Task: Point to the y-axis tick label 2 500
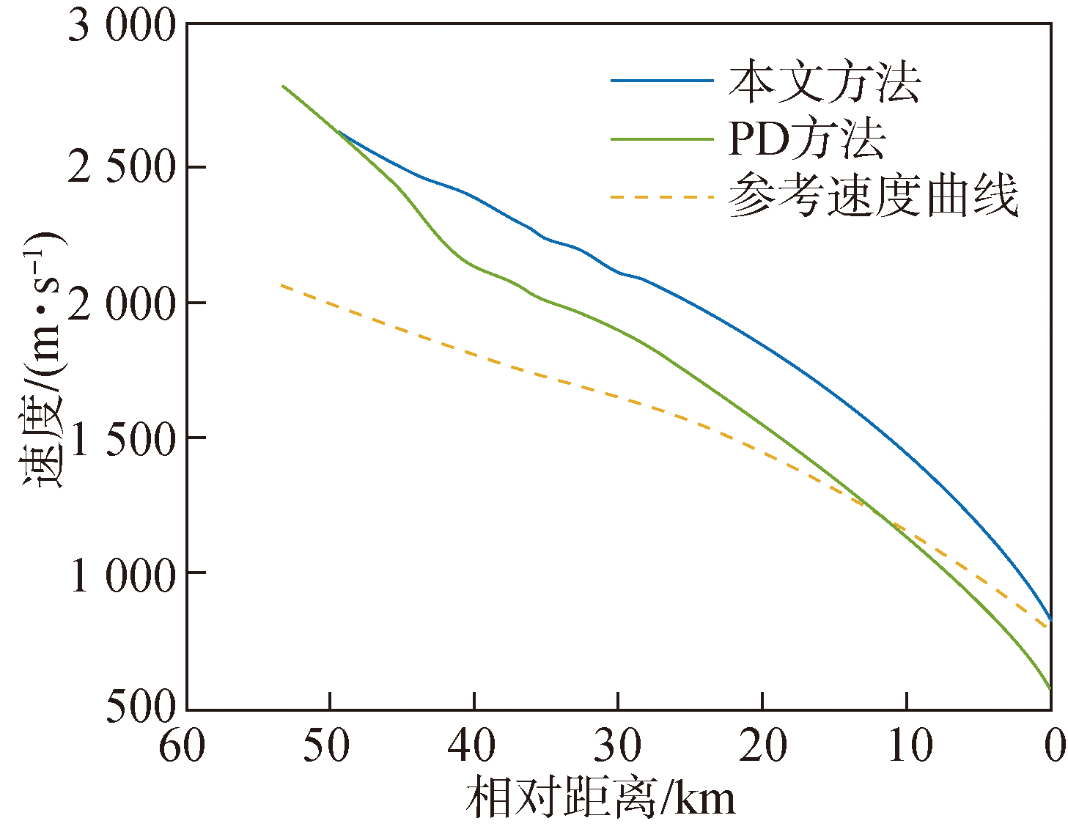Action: pos(122,168)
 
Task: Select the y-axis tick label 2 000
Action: pos(122,303)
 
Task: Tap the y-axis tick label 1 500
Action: pos(122,438)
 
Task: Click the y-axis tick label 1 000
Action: pos(122,574)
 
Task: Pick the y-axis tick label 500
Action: pos(141,707)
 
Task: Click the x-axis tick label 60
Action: pos(183,746)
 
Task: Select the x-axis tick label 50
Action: pos(327,746)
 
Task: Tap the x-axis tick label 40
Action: pos(471,746)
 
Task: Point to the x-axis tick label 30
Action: pos(616,746)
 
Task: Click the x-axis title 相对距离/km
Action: pos(600,797)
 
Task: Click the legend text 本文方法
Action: pos(824,82)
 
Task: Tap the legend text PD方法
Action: pos(806,139)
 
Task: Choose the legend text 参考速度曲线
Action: pos(873,196)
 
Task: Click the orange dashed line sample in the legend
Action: pos(662,196)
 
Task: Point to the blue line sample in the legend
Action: pos(662,81)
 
